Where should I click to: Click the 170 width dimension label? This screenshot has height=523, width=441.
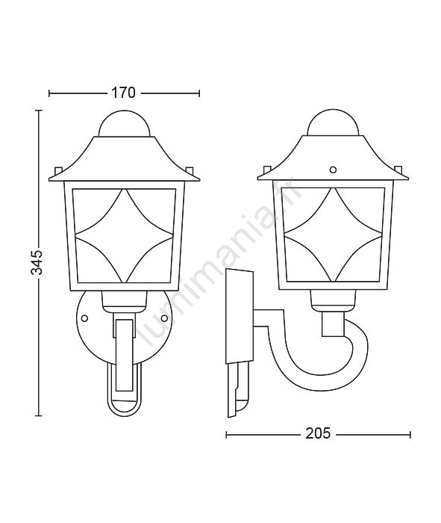point(123,93)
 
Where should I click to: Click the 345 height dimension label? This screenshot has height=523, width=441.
point(37,261)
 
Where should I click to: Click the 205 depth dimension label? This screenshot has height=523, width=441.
point(318,433)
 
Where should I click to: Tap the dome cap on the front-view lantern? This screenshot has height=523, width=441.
point(124,123)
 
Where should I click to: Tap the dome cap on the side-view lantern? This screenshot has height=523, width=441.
point(332,122)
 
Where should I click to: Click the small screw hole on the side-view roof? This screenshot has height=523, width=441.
point(332,170)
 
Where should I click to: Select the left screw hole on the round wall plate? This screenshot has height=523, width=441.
point(84,318)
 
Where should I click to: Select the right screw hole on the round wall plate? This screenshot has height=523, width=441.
point(164,318)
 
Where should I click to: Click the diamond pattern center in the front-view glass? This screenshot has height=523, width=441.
point(124,235)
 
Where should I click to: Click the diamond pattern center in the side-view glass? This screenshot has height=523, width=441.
point(333,234)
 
